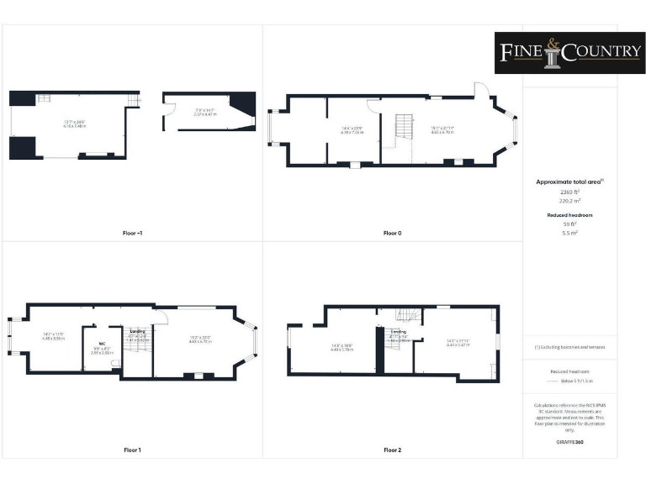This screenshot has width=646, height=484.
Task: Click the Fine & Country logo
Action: [569, 53]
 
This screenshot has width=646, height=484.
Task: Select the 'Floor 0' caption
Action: [392, 233]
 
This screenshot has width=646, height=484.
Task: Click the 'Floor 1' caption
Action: [131, 450]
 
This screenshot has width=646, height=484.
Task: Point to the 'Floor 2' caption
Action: [392, 450]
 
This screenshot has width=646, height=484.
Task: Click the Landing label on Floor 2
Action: [399, 332]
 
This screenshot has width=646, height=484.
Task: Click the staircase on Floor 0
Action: [402, 129]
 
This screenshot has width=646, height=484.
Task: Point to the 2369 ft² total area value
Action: [570, 192]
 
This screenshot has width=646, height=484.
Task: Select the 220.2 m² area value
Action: [570, 201]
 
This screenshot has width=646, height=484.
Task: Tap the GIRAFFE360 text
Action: [569, 440]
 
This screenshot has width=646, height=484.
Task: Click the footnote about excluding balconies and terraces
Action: [569, 347]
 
